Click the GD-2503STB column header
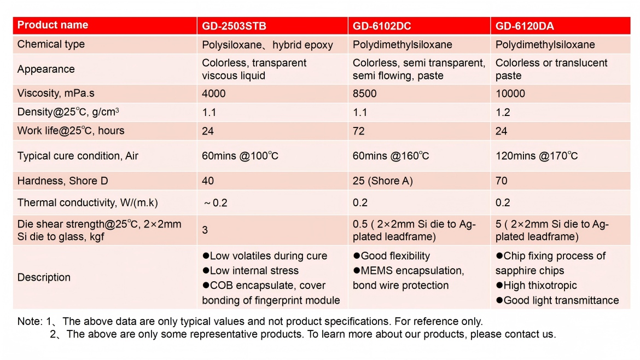click(234, 26)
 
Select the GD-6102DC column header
click(382, 26)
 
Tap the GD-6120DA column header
click(525, 26)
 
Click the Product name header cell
click(53, 25)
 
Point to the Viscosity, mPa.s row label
click(56, 94)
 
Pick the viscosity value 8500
click(364, 94)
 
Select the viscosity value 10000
click(510, 94)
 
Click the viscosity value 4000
click(213, 94)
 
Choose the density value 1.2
click(503, 113)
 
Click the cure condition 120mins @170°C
click(537, 156)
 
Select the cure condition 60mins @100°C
click(240, 156)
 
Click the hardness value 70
click(501, 181)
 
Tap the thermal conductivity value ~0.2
click(216, 203)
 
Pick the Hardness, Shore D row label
click(59, 181)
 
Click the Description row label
click(44, 277)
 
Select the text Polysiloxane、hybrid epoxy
click(267, 45)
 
